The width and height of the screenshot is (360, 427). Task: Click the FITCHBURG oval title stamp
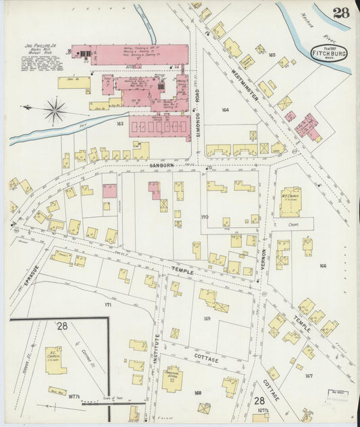[330, 52]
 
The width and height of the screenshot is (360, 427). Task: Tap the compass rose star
[55, 109]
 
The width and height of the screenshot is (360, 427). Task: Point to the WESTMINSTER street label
[245, 86]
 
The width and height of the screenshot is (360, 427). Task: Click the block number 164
[225, 109]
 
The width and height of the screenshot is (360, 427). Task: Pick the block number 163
[120, 124]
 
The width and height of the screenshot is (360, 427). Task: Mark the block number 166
[323, 266]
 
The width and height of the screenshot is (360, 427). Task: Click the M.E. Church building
[290, 201]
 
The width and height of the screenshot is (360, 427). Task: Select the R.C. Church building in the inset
[55, 360]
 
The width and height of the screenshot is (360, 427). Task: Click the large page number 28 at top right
[341, 13]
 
